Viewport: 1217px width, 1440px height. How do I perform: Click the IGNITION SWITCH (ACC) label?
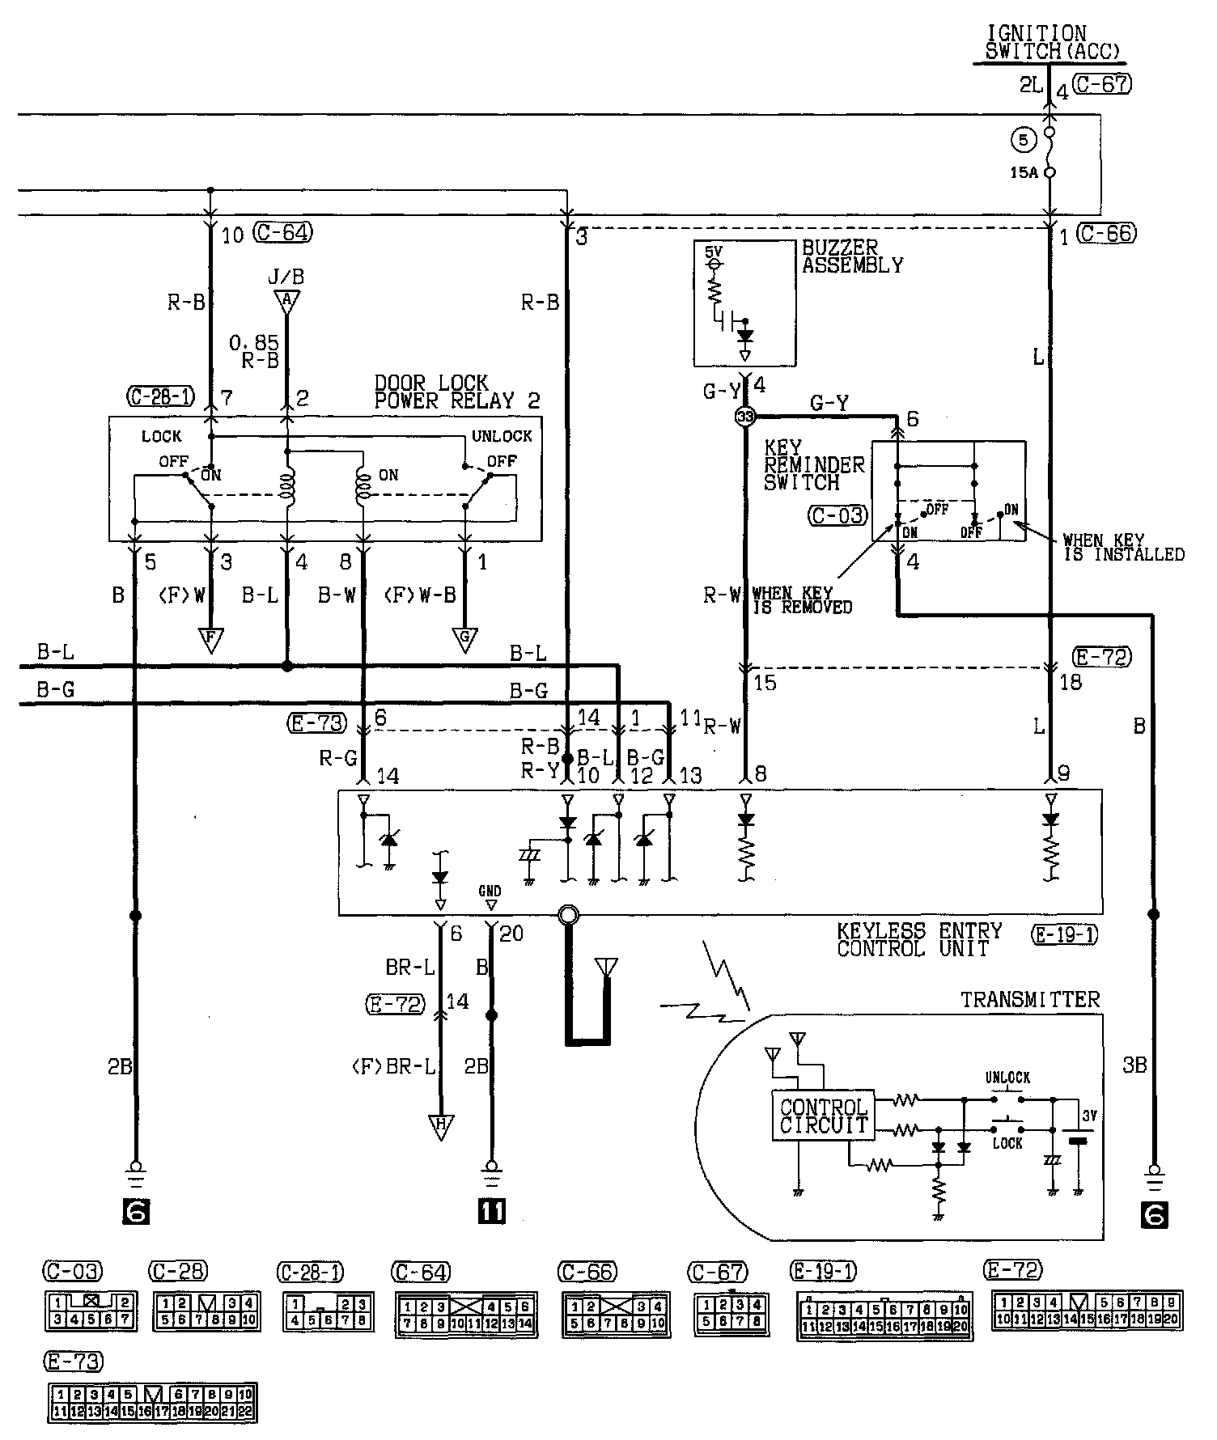(x=1052, y=42)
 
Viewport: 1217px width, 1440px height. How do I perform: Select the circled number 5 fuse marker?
(x=1023, y=140)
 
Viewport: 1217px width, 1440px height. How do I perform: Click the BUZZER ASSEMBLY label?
(x=852, y=256)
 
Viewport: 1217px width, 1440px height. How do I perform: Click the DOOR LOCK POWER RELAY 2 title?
(x=457, y=392)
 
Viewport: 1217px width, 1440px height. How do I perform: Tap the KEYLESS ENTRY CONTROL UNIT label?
(x=919, y=940)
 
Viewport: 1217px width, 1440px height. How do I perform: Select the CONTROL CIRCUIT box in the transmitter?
(x=823, y=1116)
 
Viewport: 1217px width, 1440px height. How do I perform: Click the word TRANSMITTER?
(x=1030, y=1000)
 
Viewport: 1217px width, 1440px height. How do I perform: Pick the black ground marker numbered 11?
(x=491, y=1211)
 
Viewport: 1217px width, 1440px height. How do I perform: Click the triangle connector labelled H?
(x=442, y=1126)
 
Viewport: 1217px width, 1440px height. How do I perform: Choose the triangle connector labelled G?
(x=465, y=640)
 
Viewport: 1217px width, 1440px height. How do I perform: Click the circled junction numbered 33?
(x=744, y=417)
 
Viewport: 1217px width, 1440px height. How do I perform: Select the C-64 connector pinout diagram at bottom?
(x=466, y=1315)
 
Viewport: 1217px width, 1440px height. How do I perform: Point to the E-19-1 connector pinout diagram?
(x=884, y=1318)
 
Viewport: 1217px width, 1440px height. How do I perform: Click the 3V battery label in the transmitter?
(x=1089, y=1116)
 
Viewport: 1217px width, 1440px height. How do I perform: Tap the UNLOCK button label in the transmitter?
(x=1007, y=1078)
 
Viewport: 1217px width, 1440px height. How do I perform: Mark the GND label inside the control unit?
(x=490, y=892)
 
